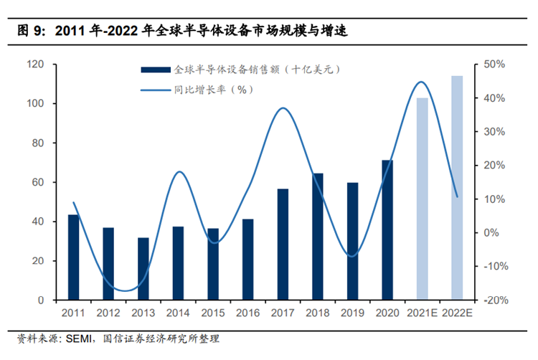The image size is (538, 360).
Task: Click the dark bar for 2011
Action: point(73,257)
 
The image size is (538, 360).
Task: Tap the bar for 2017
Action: point(283,245)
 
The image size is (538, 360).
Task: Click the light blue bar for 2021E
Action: point(422,199)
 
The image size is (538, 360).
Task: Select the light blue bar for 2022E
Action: point(457,188)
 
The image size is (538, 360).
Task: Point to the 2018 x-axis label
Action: point(318,313)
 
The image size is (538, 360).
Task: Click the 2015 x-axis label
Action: point(213,313)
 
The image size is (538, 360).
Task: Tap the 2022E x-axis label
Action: point(457,313)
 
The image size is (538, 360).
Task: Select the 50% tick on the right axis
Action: point(495,65)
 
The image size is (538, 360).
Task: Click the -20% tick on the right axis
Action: point(494,300)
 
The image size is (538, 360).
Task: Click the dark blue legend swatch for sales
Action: point(156,70)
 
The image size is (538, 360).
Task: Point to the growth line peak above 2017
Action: point(283,108)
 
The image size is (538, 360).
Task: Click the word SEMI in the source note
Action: point(81,338)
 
